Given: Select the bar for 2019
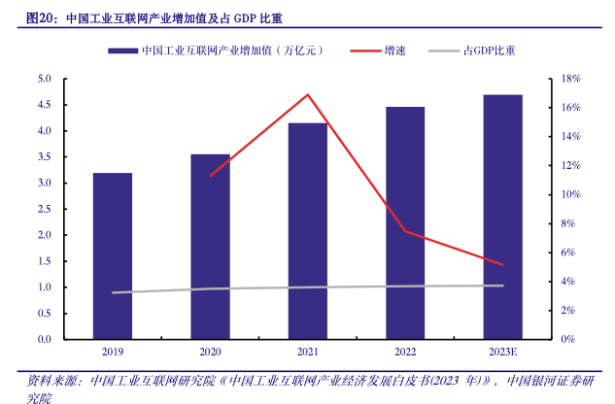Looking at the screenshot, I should (x=113, y=256).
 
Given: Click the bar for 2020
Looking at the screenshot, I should (x=210, y=247).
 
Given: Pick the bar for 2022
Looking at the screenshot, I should (x=405, y=223).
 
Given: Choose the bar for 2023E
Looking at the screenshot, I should (x=502, y=218).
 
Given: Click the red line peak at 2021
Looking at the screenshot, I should (x=307, y=94).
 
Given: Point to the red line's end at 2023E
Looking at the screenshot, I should (x=503, y=264).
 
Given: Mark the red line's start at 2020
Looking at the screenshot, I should (x=210, y=176).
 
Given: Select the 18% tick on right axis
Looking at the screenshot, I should (x=570, y=79).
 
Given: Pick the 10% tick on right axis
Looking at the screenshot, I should (x=570, y=194).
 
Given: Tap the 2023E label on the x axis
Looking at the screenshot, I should (x=502, y=352).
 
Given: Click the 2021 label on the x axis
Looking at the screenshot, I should (x=307, y=352).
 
